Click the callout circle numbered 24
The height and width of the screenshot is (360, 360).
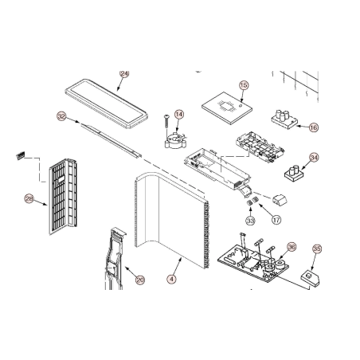(124, 74)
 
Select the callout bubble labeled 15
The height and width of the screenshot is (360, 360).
(244, 85)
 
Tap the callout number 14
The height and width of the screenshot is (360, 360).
(179, 115)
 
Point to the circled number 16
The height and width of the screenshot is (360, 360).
(314, 127)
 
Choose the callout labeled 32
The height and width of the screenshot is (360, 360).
(61, 116)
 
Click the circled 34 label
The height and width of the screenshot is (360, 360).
(314, 158)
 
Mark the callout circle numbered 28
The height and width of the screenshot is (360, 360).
(29, 198)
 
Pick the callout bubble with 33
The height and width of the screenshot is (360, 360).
(250, 220)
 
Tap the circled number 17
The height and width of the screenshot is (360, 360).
(276, 220)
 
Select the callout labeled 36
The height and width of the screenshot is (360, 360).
(292, 247)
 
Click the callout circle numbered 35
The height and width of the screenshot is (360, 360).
(317, 248)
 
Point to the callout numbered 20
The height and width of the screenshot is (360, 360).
(140, 280)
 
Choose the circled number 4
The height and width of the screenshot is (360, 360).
(172, 279)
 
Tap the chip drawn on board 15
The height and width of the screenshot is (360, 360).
(225, 107)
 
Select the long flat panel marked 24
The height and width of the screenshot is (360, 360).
(106, 104)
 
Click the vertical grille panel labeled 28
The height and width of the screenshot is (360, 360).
(63, 197)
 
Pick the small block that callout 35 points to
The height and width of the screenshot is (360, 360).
(310, 279)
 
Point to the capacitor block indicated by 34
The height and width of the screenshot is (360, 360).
(294, 174)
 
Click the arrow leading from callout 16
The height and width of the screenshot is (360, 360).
(302, 127)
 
